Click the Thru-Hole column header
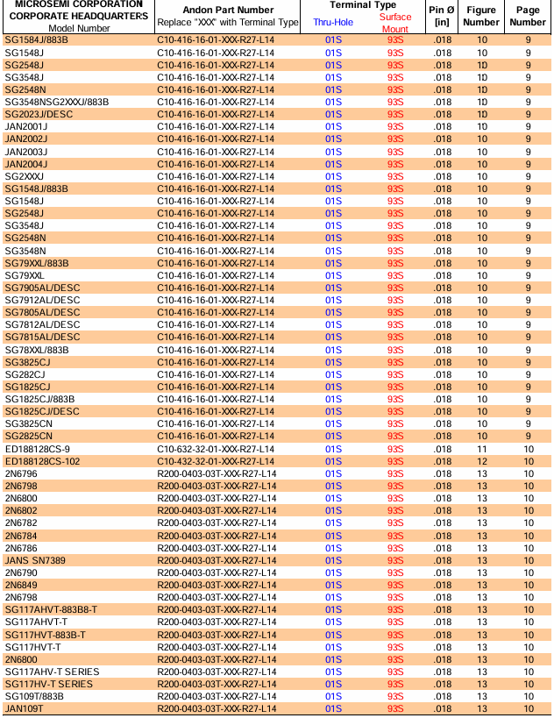(x=333, y=22)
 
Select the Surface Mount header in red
(x=395, y=23)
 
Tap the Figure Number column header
(x=481, y=16)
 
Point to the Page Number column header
(x=528, y=16)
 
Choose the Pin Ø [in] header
(x=442, y=16)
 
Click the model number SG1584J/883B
(x=36, y=40)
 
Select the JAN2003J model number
(x=26, y=152)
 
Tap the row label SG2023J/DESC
(x=39, y=114)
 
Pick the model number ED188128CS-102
(x=42, y=461)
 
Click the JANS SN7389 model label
(x=35, y=560)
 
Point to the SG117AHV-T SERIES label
(x=52, y=672)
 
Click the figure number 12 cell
(x=481, y=461)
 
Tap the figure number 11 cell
(x=481, y=449)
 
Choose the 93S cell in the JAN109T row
(x=395, y=708)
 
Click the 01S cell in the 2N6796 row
(x=333, y=473)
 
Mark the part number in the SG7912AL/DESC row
(x=216, y=300)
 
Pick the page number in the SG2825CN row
(x=528, y=436)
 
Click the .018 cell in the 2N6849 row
(x=442, y=585)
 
